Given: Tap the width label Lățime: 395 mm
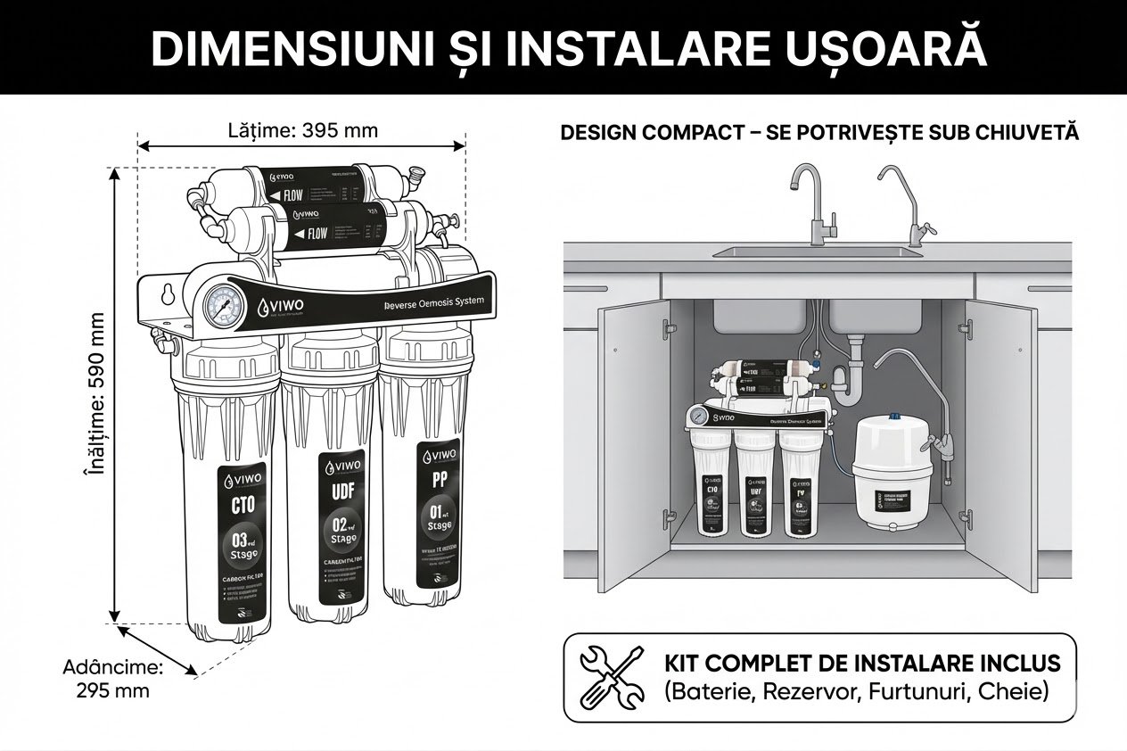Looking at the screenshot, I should click(303, 131).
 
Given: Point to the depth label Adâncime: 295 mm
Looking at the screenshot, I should click(113, 679).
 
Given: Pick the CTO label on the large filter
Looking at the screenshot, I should click(243, 505).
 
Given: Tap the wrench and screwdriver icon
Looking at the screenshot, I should click(612, 676).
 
